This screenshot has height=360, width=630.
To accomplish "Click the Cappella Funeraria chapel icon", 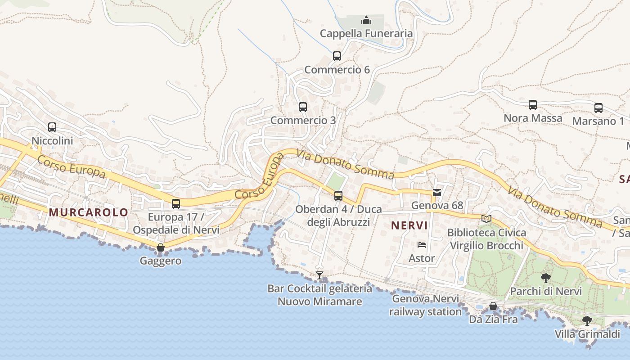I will coord(366,21).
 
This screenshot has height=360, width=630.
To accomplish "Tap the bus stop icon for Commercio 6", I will coord(337,56).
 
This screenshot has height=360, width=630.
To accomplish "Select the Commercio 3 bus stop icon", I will coord(303,107).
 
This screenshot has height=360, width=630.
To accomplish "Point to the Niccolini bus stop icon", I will coord(52,127).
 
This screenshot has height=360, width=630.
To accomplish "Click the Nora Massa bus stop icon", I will coord(533,105).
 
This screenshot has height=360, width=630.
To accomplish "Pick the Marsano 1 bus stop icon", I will coord(598,108).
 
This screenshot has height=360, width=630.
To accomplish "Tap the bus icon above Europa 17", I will coord(176,204).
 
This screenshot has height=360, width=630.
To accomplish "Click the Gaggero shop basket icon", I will coord(160,247).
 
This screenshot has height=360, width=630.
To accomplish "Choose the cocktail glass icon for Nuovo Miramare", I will coord(319,275).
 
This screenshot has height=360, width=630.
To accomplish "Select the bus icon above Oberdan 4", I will coord(338,196).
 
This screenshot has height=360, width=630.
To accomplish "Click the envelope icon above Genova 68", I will coord(436,193).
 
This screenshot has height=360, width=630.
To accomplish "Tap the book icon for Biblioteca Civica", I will coord(486,219).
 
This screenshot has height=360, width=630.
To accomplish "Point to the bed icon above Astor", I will coord(422,245).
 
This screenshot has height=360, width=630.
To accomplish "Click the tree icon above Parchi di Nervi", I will coord(546,278).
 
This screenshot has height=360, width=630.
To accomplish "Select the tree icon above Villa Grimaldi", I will coord(587,320).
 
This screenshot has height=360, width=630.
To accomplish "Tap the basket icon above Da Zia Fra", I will coord(494,306).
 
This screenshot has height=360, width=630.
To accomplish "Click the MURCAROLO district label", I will coord(88,212).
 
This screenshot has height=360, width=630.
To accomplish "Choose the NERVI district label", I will coord(409,225).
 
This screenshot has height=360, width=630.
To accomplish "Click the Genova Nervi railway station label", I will coord(426,305).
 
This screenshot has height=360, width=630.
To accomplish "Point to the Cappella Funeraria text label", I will coord(366,33).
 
